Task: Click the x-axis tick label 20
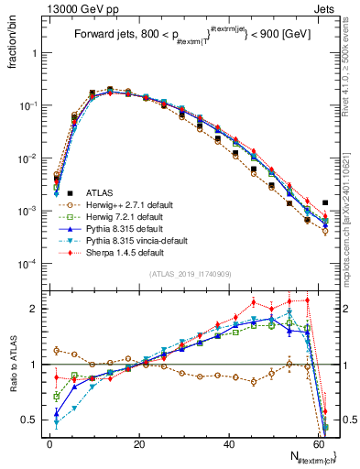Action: point(139,442)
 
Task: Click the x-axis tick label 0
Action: point(49,442)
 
